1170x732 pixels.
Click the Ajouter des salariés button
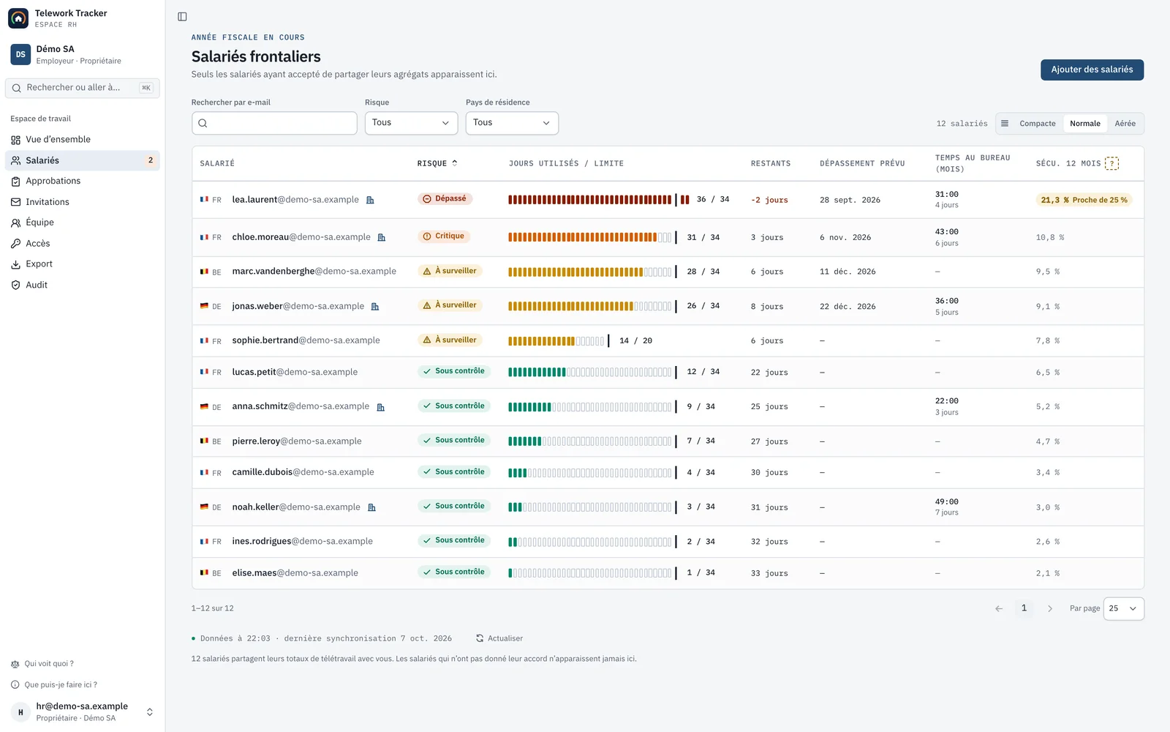[1092, 70]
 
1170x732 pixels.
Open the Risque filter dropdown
[411, 123]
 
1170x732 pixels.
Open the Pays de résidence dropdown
[512, 123]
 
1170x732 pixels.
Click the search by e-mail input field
[274, 123]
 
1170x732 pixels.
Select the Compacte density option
[1038, 124]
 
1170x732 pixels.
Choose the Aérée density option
[1125, 124]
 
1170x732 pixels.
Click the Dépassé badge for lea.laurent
[445, 198]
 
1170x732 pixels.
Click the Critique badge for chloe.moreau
[443, 236]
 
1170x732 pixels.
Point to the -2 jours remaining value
[769, 200]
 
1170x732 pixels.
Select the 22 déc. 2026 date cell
[848, 307]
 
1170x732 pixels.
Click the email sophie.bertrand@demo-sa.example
[306, 340]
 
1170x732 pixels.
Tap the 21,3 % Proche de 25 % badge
[1084, 200]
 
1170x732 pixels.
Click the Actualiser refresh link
[499, 638]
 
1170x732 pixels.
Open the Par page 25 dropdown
[1123, 608]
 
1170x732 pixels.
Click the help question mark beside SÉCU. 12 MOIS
[1112, 163]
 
